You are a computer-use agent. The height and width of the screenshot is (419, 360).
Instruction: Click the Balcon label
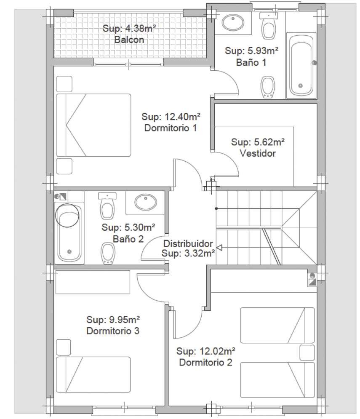[x=129, y=40]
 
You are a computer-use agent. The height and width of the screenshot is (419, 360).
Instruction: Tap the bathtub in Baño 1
[x=301, y=65]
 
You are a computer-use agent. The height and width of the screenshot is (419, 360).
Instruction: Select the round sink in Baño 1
[x=233, y=22]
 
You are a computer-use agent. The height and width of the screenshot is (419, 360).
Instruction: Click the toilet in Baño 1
[x=269, y=26]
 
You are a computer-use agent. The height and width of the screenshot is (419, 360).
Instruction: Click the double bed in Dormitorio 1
[x=93, y=125]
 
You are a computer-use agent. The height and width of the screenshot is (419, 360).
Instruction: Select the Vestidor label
[x=258, y=153]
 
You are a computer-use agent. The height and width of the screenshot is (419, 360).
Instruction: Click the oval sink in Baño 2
[x=146, y=202]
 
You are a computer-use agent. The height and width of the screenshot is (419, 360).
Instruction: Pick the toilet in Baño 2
[x=107, y=205]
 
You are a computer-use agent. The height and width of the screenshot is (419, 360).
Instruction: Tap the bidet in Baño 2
[x=108, y=254]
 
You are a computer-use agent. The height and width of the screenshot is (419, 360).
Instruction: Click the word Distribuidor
[x=188, y=243]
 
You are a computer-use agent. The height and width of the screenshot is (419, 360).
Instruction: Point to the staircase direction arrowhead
[x=219, y=248]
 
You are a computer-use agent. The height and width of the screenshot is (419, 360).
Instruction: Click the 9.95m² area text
[x=125, y=320]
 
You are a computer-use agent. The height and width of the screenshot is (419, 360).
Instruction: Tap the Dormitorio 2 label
[x=205, y=362]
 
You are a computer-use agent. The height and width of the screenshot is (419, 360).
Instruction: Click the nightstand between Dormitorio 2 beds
[x=307, y=353]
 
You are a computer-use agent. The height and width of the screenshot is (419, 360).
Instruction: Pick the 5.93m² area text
[x=263, y=51]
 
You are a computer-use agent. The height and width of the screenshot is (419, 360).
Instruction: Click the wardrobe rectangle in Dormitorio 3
[x=93, y=282]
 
